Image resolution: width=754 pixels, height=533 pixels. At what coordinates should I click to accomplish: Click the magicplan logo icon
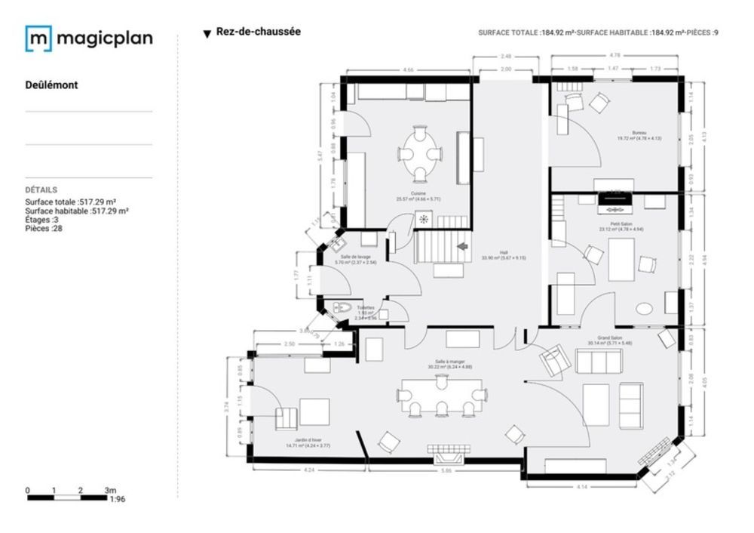coord(38,39)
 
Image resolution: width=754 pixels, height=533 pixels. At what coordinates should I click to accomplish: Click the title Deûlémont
coord(51,85)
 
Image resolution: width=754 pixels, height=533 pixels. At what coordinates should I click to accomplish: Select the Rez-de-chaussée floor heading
coord(258,32)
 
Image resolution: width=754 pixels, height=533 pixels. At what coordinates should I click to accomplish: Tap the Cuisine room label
coord(418,194)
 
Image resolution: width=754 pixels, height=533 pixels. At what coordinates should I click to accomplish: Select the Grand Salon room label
coord(610,337)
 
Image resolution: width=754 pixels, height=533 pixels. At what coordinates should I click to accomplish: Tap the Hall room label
coord(504,253)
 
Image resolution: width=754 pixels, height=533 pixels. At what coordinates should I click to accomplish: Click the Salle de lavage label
coord(354,257)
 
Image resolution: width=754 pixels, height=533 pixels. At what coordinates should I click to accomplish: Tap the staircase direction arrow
coord(462,246)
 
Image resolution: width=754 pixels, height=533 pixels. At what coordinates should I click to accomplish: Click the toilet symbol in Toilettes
coord(341,307)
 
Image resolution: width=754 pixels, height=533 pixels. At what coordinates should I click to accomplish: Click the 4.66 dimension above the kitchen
coord(408,69)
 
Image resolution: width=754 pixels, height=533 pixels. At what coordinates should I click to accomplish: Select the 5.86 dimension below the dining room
coord(446,471)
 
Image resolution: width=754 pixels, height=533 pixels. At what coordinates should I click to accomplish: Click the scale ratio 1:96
coord(117,499)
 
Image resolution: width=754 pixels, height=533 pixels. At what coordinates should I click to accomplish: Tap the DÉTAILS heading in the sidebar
coord(41,190)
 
